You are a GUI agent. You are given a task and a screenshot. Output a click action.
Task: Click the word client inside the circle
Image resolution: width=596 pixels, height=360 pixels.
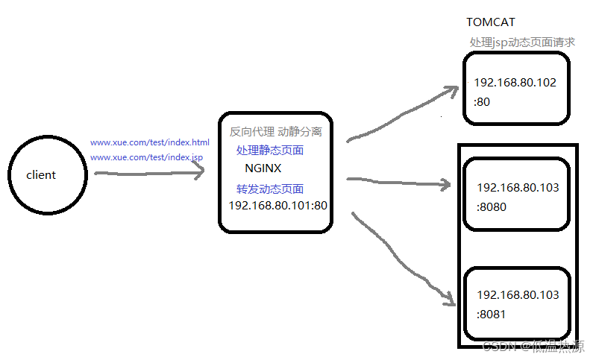41,175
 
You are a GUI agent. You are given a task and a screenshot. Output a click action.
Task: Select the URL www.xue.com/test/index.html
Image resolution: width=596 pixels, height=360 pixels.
150,142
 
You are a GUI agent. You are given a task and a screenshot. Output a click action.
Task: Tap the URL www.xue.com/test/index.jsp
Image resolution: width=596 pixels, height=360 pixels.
146,158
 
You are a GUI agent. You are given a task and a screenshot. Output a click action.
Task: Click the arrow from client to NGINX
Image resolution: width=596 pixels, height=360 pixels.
149,173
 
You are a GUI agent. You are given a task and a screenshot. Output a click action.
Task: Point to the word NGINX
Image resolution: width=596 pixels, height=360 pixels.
263,168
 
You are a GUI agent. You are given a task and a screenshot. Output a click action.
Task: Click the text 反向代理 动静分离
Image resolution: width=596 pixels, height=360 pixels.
276,132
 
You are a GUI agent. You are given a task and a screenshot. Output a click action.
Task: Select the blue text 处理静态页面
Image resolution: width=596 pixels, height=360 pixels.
270,150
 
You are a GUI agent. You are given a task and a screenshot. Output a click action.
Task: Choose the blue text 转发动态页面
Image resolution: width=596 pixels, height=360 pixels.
270,189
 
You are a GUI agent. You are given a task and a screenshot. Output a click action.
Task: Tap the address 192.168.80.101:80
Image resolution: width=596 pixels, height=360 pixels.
277,205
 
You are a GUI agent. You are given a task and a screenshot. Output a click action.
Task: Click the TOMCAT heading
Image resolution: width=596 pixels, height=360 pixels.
491,23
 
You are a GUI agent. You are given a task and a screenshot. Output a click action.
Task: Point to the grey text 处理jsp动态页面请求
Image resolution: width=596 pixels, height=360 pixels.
522,42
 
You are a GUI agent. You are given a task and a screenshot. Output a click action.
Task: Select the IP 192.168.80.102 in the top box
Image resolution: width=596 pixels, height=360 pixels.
515,83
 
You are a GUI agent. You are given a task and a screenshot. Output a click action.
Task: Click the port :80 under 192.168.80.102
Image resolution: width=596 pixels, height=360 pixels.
482,101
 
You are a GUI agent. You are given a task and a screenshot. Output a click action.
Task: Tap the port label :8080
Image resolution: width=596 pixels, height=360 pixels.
492,207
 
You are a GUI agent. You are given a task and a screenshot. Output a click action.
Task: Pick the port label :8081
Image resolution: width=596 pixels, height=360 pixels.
492,314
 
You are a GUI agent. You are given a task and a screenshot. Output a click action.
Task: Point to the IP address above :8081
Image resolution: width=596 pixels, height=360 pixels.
518,295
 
